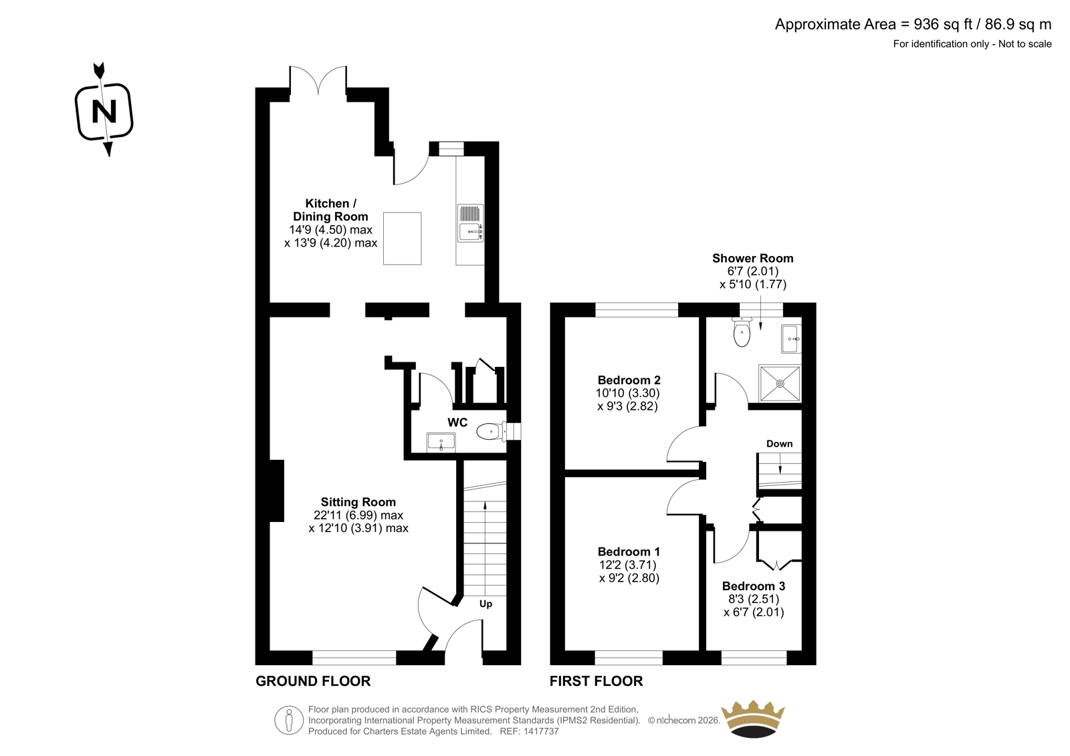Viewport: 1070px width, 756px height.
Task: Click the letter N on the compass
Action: click(104, 111)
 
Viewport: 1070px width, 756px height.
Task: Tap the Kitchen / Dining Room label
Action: click(330, 210)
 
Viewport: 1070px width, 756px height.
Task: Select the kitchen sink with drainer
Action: click(471, 223)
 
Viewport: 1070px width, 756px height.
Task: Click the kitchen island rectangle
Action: click(402, 239)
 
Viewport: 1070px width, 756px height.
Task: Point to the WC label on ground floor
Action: click(457, 422)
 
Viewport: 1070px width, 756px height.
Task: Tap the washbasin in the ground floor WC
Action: click(441, 442)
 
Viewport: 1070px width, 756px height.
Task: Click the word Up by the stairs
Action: click(486, 604)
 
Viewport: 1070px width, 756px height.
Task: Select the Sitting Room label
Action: click(358, 502)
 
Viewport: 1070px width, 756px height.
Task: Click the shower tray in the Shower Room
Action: click(780, 383)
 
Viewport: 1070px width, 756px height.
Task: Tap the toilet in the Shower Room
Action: click(742, 332)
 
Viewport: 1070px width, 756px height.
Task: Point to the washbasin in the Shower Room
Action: click(791, 339)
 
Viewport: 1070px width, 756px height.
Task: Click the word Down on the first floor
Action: click(780, 444)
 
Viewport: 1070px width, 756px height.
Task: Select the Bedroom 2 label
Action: click(629, 380)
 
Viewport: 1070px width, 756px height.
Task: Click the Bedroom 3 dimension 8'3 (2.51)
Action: click(753, 598)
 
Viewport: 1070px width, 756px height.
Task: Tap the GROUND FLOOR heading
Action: click(313, 681)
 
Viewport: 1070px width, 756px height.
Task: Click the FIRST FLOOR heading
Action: click(596, 681)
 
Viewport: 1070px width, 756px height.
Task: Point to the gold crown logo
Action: click(753, 719)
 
